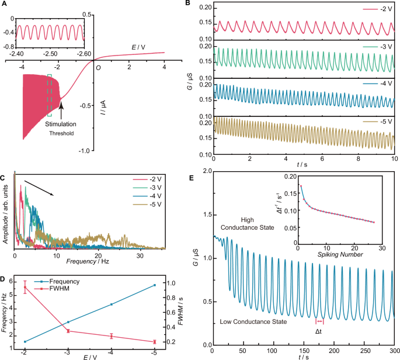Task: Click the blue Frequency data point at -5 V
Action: pos(154,285)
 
